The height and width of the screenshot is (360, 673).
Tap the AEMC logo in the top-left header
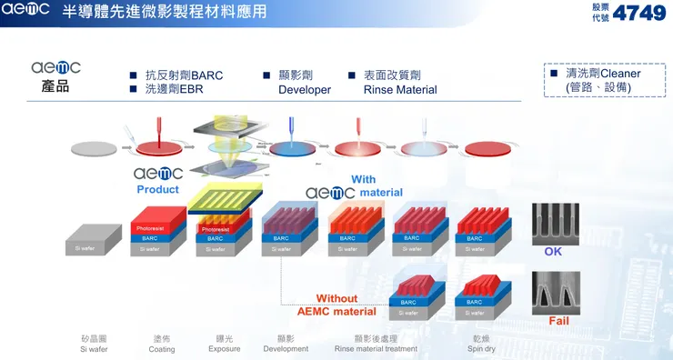tap(26, 12)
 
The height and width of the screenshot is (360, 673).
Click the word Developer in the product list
tap(305, 90)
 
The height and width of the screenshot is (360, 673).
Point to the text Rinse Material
tap(400, 90)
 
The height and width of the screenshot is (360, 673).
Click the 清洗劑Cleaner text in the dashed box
tap(603, 74)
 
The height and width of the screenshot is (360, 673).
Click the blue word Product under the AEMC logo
tap(158, 189)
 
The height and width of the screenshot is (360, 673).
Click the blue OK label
tap(553, 251)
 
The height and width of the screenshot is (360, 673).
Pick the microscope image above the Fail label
tap(555, 292)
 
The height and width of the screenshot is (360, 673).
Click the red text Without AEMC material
tap(336, 305)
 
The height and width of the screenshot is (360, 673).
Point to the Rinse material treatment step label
tap(376, 348)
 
